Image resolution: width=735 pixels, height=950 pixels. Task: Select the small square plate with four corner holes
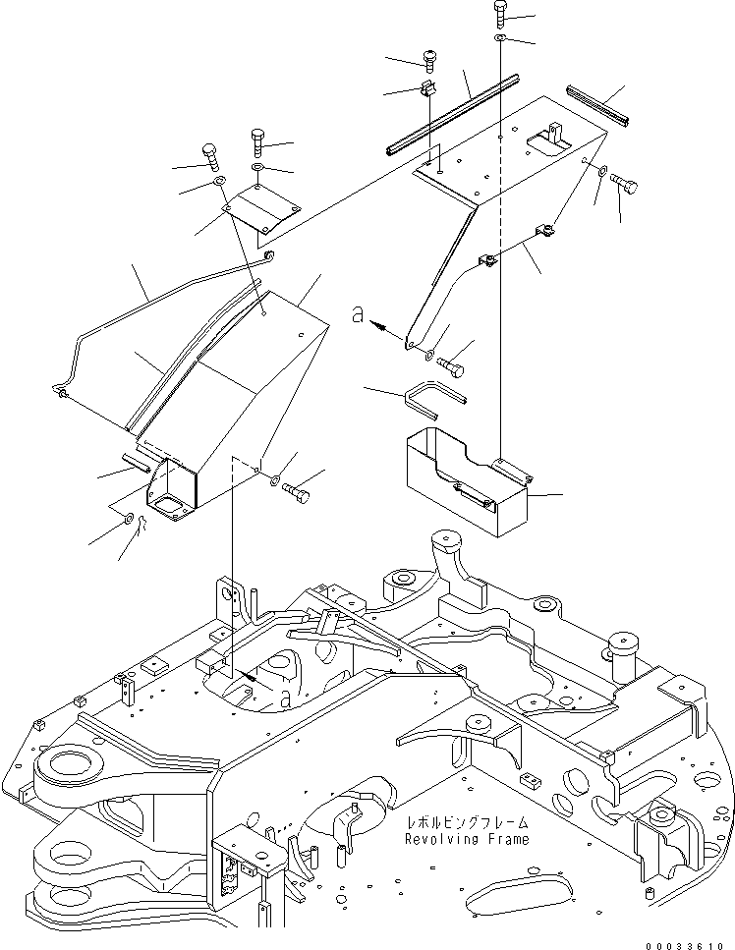(x=260, y=210)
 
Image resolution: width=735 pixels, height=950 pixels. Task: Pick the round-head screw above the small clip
(x=429, y=60)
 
